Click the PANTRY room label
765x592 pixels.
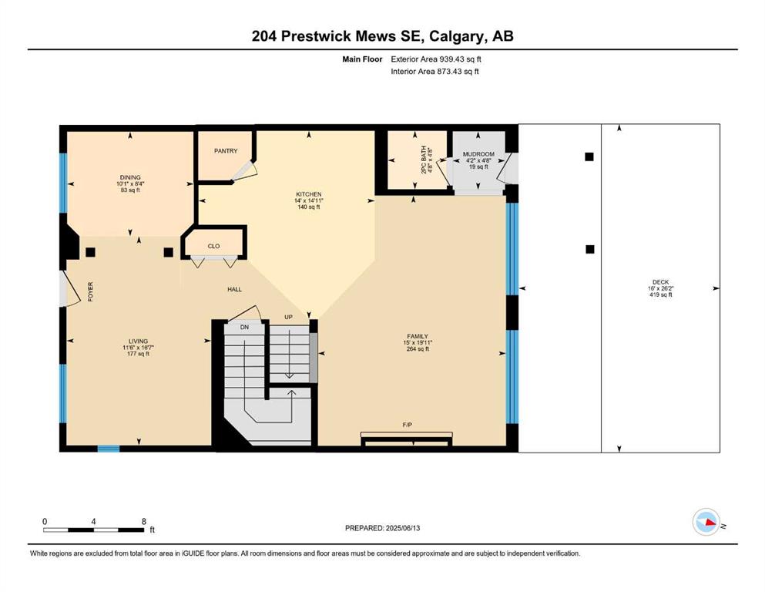226,151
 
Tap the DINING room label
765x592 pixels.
130,177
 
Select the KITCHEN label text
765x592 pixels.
308,193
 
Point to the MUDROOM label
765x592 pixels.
478,154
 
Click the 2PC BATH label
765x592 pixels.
424,160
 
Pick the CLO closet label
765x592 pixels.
213,246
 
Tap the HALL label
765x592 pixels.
235,289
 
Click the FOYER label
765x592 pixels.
90,291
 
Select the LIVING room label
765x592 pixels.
138,341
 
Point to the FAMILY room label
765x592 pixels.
418,336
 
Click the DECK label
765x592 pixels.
660,282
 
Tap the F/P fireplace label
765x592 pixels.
408,425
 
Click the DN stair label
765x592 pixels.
244,327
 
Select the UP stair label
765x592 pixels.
288,318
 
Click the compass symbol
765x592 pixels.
706,522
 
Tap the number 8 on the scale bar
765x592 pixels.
144,521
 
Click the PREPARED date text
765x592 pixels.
382,528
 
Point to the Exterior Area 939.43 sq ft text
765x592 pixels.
436,59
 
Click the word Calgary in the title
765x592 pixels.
458,36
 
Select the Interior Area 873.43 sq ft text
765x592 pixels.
435,71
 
